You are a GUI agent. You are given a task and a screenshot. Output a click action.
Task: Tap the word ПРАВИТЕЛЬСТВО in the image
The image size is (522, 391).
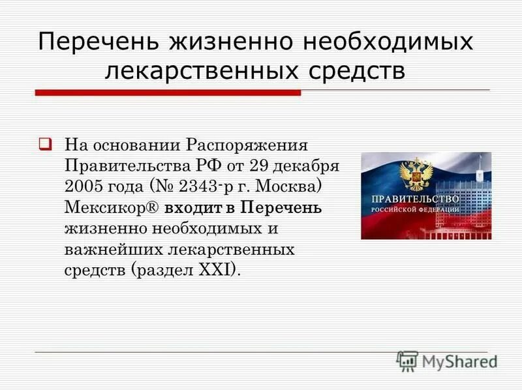click(x=415, y=199)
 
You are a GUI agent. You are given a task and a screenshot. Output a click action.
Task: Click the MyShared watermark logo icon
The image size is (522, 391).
click(x=407, y=361)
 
